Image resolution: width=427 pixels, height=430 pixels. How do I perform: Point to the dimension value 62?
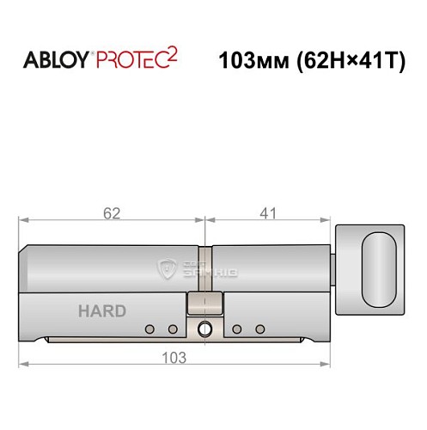click(109, 211)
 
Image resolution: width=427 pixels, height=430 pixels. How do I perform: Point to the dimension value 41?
click(267, 211)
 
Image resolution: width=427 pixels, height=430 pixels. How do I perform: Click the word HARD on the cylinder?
click(102, 311)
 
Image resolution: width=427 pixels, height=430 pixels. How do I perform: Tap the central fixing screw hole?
click(205, 329)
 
